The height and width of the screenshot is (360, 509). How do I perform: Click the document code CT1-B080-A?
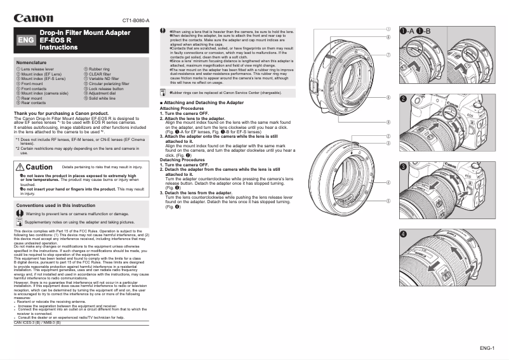click(x=136, y=21)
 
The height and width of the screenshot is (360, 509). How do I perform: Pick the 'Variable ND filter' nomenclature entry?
click(x=106, y=78)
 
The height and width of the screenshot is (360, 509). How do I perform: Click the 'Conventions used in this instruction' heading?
click(x=55, y=206)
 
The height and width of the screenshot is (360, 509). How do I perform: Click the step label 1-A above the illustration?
click(x=407, y=31)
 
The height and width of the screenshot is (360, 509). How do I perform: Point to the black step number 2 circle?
click(x=403, y=98)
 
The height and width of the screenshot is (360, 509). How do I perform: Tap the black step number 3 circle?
click(x=403, y=166)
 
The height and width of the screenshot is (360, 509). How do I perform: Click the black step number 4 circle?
click(x=403, y=234)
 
